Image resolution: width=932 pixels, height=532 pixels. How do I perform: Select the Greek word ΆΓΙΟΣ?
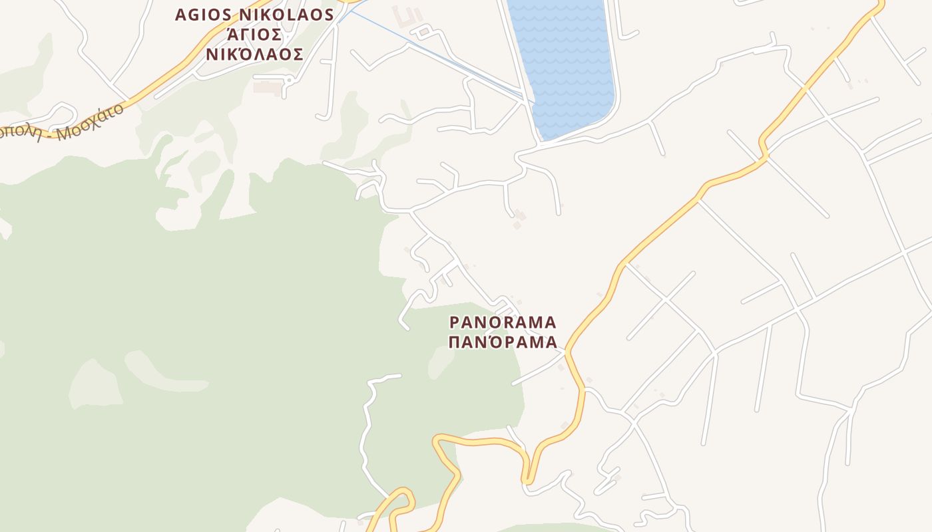tap(254, 35)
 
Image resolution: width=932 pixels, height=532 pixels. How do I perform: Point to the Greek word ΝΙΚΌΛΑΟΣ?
tap(254, 55)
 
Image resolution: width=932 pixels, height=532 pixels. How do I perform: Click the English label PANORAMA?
tap(503, 323)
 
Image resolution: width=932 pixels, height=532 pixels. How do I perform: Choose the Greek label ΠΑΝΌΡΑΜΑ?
tap(503, 342)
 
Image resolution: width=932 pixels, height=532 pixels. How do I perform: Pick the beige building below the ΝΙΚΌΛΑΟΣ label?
tap(268, 87)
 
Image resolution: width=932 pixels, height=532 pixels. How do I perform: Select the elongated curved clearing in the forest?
tap(163, 372)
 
